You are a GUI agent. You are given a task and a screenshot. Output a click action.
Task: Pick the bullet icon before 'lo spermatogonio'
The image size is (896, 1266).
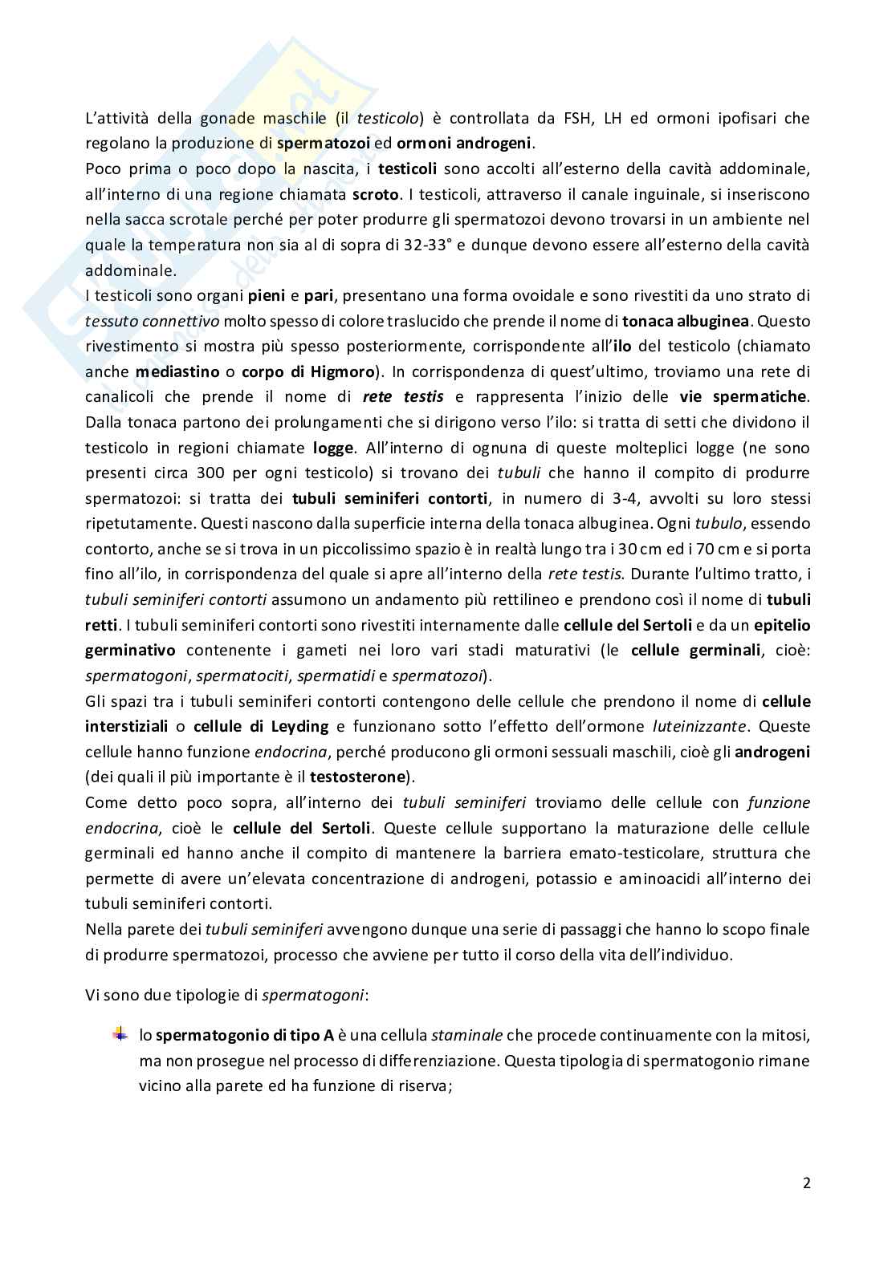coord(120,1034)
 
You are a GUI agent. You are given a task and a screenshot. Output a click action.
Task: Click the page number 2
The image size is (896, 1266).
coord(805,1183)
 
